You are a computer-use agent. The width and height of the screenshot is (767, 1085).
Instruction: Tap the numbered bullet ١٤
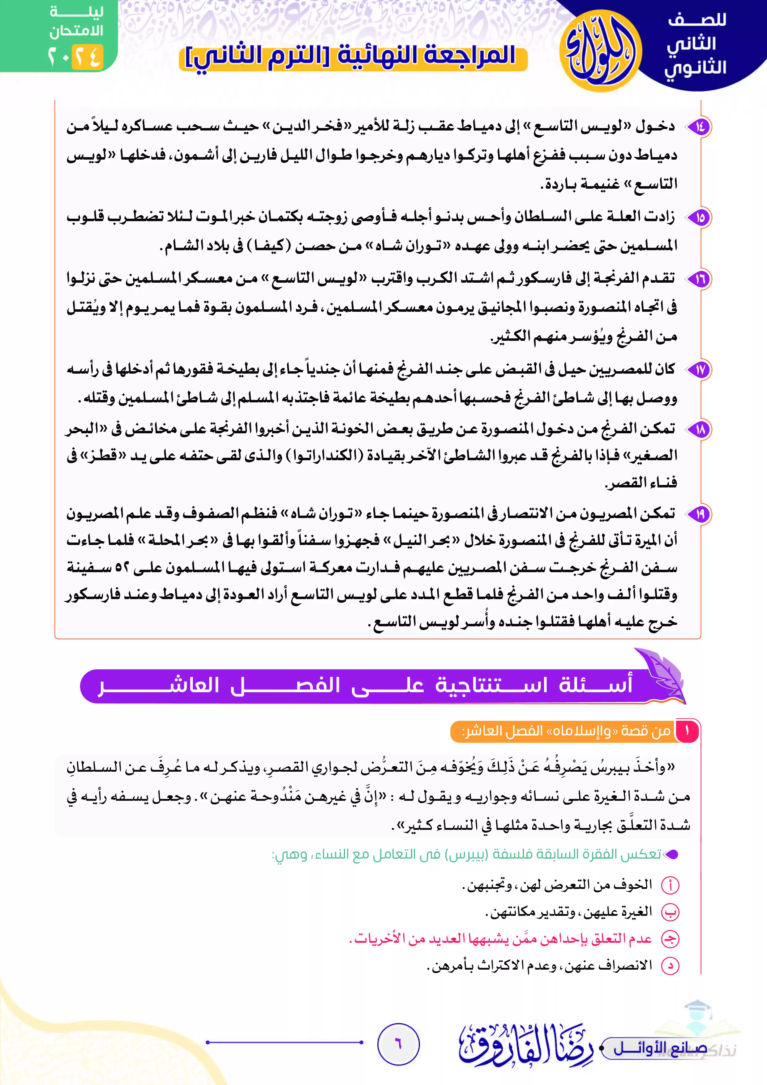699,127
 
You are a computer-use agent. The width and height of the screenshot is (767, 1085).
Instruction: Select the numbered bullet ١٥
699,217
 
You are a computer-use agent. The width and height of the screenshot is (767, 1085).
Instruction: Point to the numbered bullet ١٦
699,279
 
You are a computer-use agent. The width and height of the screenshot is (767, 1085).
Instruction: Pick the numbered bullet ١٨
699,430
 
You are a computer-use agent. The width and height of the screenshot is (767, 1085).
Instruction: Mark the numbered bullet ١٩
699,514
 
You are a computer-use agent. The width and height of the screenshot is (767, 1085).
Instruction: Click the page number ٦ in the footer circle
398,1044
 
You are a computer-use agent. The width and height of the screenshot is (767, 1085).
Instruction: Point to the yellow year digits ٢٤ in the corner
88,57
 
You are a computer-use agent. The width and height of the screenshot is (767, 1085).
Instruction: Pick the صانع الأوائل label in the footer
660,1048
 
